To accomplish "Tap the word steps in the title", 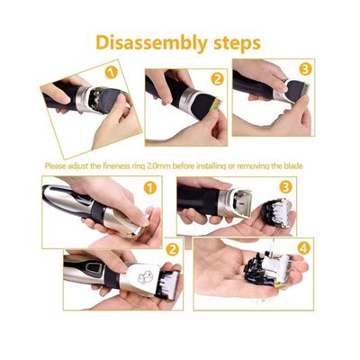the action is click(x=237, y=44).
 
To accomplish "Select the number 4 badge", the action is click(x=303, y=247).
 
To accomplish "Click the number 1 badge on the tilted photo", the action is click(x=112, y=72).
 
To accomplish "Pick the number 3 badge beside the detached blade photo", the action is click(x=285, y=187).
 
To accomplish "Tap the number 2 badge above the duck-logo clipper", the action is click(x=172, y=249).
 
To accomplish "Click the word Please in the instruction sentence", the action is click(x=55, y=166).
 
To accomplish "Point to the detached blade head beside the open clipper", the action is click(x=276, y=213).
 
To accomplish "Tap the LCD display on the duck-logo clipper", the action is click(x=91, y=267).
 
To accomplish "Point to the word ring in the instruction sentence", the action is click(x=139, y=166).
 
